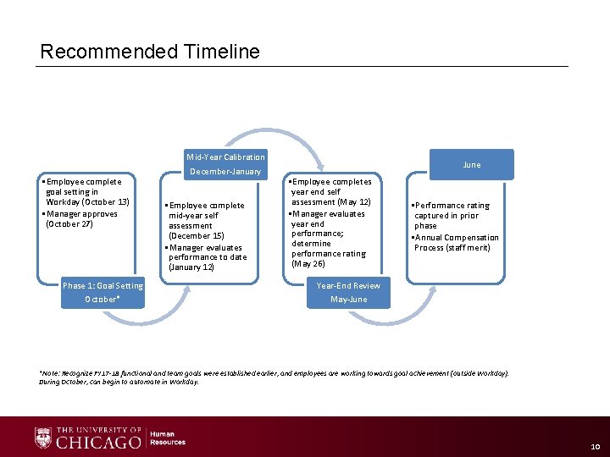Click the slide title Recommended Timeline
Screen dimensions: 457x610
coord(150,52)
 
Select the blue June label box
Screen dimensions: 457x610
coord(472,165)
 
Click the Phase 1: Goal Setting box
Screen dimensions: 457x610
coord(103,292)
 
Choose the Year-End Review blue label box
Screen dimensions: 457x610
coord(348,292)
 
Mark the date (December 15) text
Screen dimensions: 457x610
coord(197,236)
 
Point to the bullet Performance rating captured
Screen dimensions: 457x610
coord(452,206)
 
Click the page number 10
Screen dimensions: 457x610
coord(593,446)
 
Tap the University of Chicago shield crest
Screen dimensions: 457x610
coord(43,438)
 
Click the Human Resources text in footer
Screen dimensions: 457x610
coord(168,438)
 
